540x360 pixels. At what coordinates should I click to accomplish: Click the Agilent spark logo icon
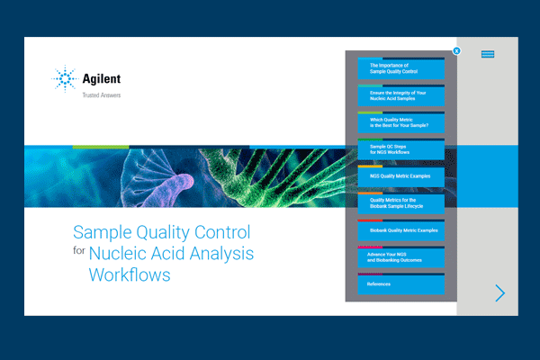click(65, 80)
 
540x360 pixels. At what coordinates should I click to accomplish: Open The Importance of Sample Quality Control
click(400, 68)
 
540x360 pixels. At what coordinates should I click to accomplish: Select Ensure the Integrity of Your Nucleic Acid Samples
click(400, 95)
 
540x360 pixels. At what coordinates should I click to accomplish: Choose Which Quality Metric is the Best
click(400, 122)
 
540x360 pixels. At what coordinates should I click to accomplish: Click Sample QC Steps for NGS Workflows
click(400, 149)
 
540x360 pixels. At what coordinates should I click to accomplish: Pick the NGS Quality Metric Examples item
click(400, 176)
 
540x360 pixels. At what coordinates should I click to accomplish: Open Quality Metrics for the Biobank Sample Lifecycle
click(400, 203)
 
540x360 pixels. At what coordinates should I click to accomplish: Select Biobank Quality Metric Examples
click(400, 230)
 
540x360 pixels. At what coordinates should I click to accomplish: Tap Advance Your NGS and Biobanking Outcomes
click(400, 257)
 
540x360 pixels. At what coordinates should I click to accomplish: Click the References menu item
click(400, 284)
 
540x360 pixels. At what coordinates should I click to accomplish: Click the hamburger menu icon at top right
click(488, 54)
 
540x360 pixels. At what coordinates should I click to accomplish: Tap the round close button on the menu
click(457, 51)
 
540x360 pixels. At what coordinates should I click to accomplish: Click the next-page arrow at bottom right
click(500, 292)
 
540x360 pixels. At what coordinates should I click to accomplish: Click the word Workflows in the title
click(129, 274)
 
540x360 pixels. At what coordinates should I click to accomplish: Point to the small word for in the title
click(78, 253)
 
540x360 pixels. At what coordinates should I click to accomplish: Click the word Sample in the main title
click(102, 231)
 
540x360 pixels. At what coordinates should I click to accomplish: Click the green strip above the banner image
click(100, 147)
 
